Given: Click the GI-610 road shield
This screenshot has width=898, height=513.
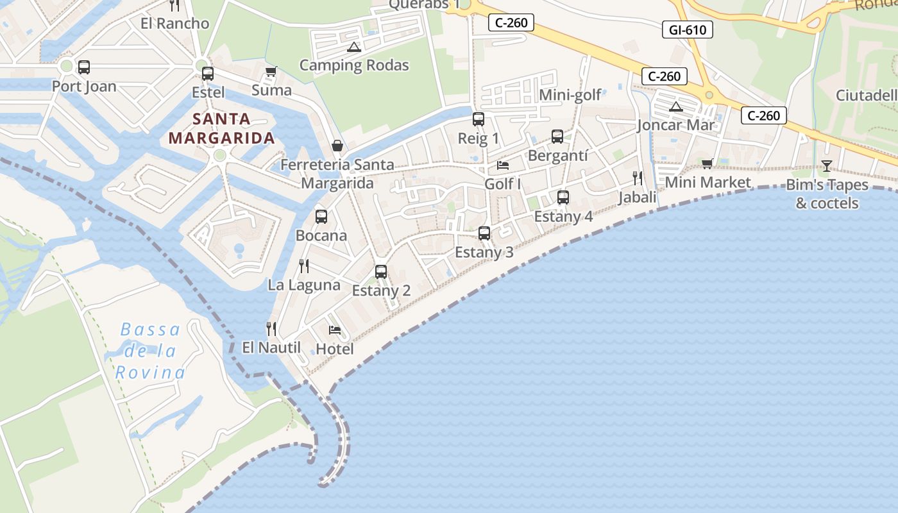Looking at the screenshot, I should [687, 29].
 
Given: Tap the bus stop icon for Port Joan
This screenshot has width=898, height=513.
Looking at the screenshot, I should [83, 67].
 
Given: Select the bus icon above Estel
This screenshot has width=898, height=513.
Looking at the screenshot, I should [207, 74].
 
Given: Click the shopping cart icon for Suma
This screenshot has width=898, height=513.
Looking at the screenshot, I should [271, 72].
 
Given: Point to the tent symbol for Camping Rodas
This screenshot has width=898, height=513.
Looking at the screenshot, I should [353, 47].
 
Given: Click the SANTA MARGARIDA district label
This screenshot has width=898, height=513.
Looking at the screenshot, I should [221, 128].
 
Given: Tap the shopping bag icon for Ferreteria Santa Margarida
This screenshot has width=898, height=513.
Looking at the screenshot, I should [337, 147].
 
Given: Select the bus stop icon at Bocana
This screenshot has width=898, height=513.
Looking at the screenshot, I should [321, 217].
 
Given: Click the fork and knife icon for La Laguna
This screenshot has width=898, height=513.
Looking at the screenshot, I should [304, 265].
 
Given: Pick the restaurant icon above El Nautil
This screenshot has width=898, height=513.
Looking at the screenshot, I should [271, 329].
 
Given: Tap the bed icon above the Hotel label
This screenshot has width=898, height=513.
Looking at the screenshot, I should [334, 330].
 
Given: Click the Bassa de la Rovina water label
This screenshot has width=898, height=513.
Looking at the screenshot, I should [150, 351].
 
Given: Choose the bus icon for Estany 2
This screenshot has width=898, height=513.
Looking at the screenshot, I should [381, 272].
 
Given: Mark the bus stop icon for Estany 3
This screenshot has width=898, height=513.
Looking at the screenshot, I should [484, 233].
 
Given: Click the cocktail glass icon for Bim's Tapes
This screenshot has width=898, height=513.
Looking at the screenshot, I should [826, 167].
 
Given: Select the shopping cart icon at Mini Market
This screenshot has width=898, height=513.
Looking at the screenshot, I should [707, 164].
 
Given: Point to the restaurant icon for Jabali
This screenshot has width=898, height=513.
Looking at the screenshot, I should [637, 178].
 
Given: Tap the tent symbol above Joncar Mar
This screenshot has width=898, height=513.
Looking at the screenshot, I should [675, 106].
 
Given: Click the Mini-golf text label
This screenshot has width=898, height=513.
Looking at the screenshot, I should [570, 96].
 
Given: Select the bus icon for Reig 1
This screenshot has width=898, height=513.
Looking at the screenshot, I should [478, 119].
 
